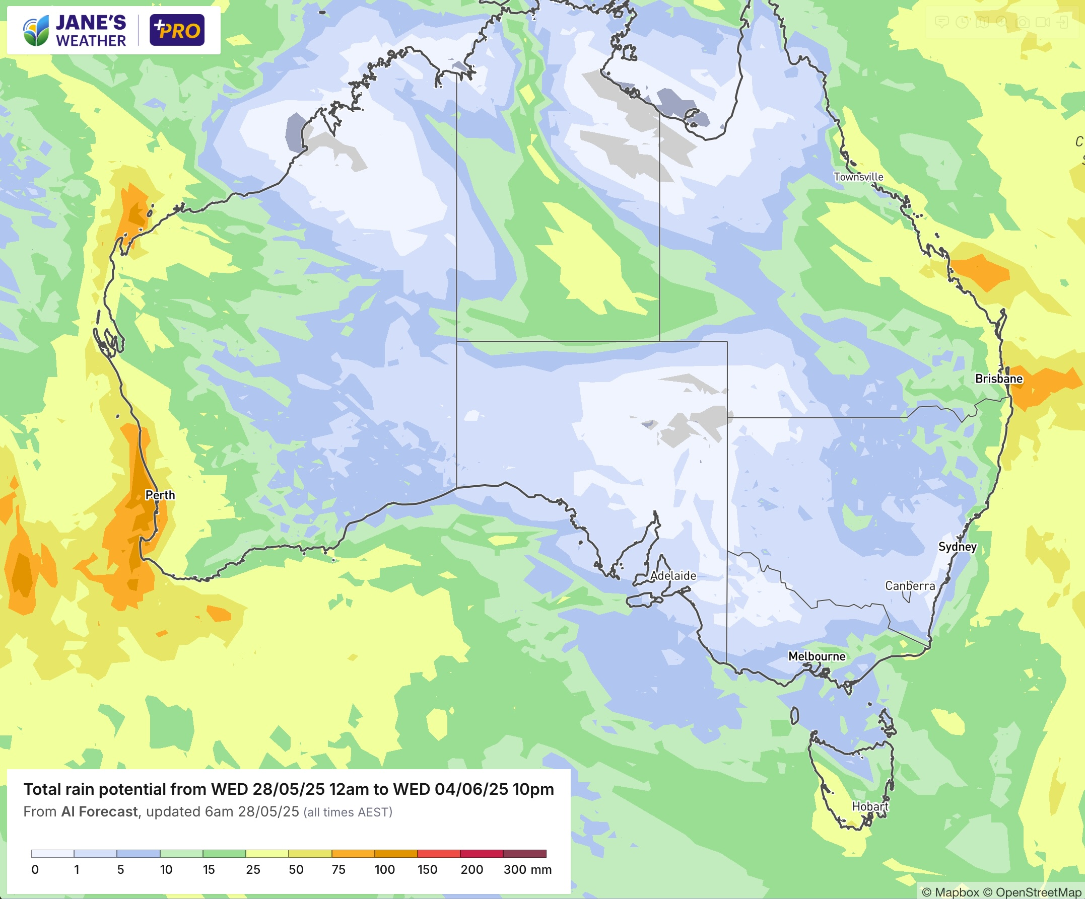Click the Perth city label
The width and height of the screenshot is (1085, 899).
point(160,495)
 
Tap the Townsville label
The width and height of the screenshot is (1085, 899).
point(858,177)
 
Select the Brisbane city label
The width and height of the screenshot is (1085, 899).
point(998,379)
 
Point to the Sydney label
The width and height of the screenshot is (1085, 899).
point(957,547)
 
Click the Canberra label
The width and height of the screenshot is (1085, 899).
point(909,586)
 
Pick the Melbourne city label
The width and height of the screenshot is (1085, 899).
point(817,656)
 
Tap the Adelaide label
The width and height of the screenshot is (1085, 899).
point(672,576)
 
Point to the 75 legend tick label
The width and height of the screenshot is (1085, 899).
point(338,870)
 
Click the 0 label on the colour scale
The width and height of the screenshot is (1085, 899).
point(35,870)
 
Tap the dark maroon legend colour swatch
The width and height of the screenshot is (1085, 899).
point(524,854)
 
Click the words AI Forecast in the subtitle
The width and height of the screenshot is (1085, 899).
point(99,812)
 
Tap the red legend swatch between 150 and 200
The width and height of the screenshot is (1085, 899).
point(439,854)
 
